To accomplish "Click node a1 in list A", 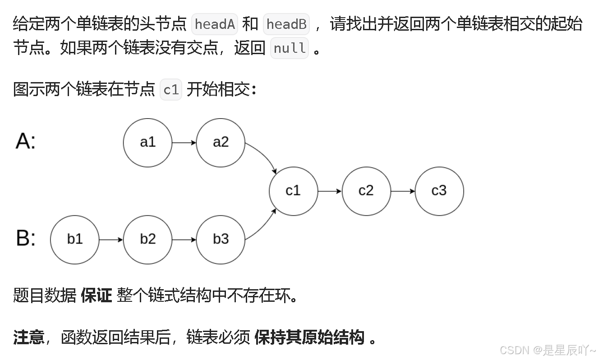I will [x=147, y=143].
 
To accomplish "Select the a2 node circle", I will [x=221, y=143].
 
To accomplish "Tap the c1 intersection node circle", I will [x=293, y=191].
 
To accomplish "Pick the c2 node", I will [x=366, y=191].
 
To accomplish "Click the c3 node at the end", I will [x=439, y=191].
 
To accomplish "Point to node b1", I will [x=74, y=239].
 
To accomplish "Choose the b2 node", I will [x=147, y=239].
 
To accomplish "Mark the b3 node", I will [x=221, y=239].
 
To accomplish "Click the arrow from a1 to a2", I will [x=184, y=143].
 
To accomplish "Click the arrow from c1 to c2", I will [x=330, y=191].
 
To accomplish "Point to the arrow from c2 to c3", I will [x=403, y=191].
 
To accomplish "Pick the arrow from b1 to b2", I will [x=111, y=239].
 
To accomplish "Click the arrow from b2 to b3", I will [x=184, y=239].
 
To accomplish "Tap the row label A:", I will [x=26, y=141].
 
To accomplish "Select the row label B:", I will [x=26, y=238].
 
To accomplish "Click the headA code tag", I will [x=215, y=24].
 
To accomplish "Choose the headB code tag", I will [x=286, y=24].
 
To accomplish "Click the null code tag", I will [x=290, y=48].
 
